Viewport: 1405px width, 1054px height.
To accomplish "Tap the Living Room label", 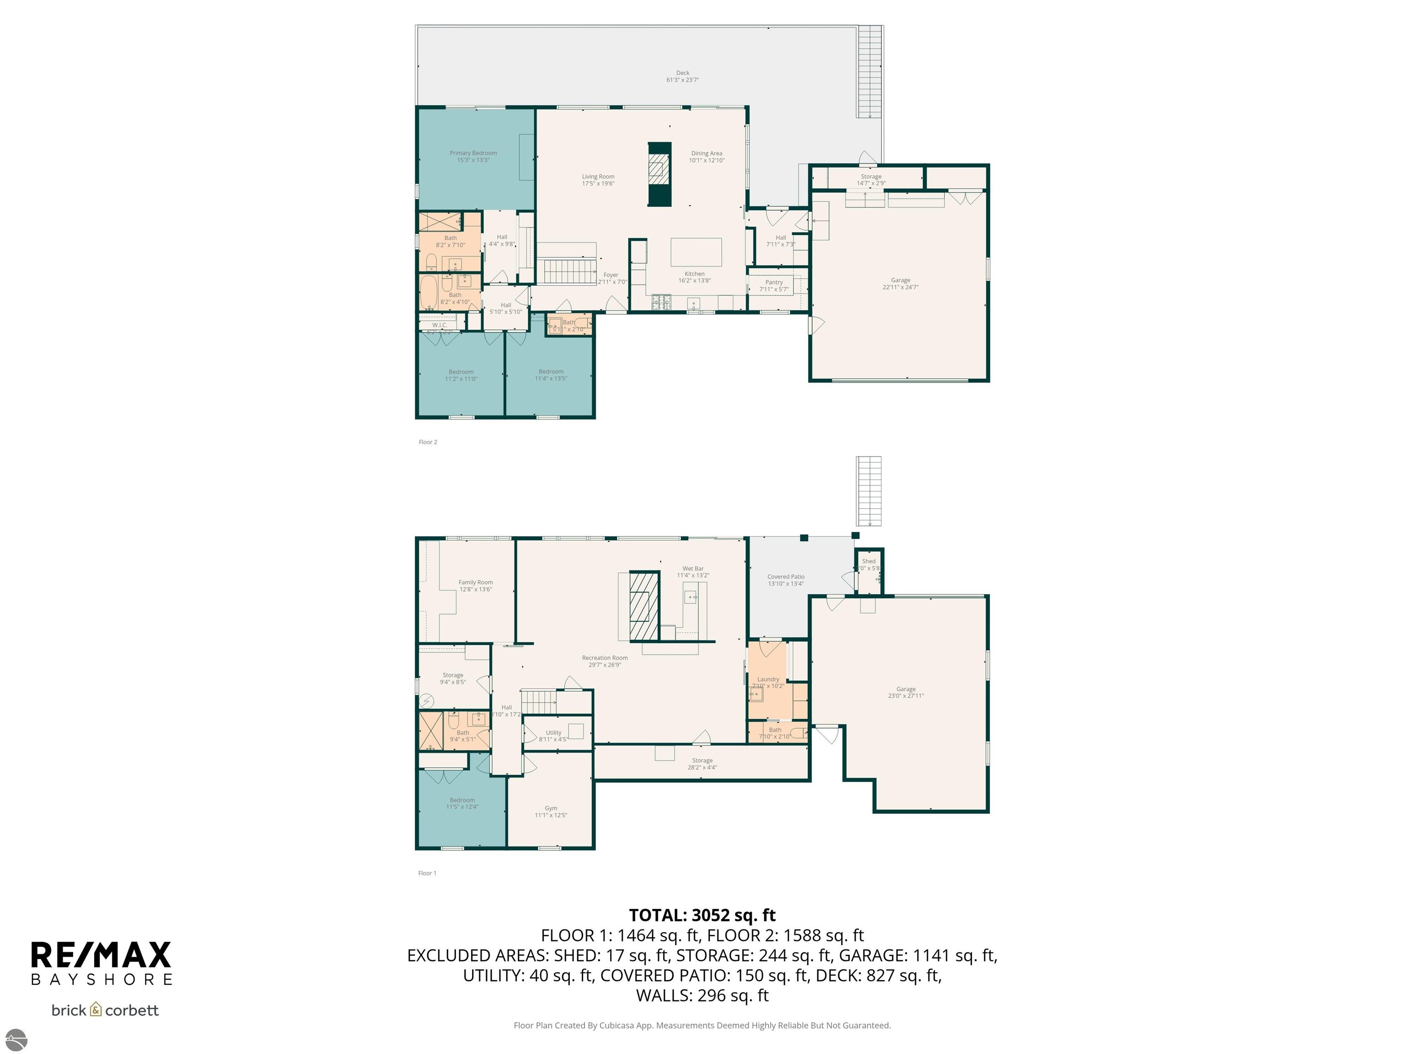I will [598, 177].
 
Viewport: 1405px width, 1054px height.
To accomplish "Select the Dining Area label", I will [706, 153].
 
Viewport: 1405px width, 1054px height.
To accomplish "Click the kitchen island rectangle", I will [696, 252].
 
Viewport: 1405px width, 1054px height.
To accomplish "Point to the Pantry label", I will [774, 282].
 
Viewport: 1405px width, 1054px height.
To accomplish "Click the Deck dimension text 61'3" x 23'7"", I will [682, 80].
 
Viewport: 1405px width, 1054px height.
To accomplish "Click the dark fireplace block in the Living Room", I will [659, 173].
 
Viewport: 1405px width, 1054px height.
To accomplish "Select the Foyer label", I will [611, 275].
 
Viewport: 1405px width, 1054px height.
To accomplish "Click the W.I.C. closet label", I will [440, 325].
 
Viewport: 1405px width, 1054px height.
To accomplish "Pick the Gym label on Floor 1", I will [551, 808].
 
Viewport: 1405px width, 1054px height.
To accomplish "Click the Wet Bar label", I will [693, 569].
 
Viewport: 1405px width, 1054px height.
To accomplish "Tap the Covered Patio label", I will [786, 577].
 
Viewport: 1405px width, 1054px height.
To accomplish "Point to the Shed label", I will [868, 561].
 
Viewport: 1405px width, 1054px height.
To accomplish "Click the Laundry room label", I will [768, 679].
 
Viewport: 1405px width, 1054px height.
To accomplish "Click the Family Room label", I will [475, 582].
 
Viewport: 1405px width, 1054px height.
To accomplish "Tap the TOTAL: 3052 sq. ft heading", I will [702, 915].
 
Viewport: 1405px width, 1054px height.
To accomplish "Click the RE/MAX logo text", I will [101, 955].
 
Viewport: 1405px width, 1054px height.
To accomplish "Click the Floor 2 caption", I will [428, 442].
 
